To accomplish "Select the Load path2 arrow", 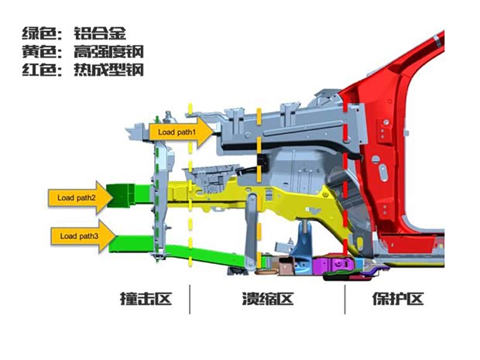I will pos(77,197).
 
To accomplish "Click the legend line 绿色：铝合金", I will pos(74,33).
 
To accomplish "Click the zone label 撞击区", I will pos(145,298).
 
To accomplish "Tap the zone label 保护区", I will pos(399,298).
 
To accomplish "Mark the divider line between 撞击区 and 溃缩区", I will pos(190,299).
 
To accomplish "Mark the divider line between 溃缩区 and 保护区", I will pos(345,299).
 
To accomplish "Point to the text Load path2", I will pos(77,197).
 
